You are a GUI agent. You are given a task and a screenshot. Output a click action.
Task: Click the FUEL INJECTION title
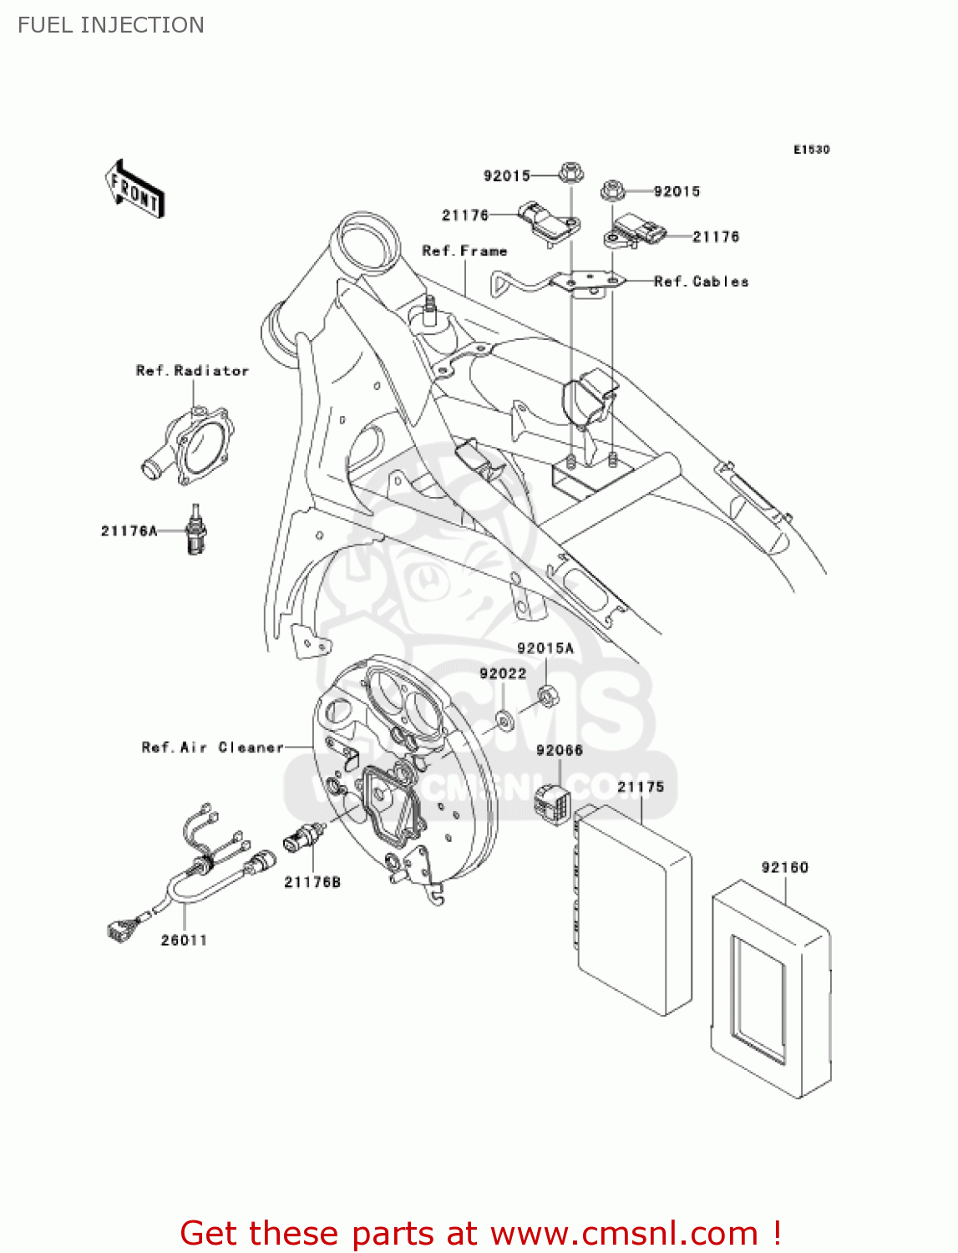pyautogui.click(x=111, y=25)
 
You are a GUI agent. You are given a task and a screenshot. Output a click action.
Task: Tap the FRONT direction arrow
pyautogui.click(x=134, y=190)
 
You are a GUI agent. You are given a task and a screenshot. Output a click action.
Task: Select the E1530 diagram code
pyautogui.click(x=811, y=150)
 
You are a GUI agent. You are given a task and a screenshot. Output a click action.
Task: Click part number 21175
pyautogui.click(x=641, y=787)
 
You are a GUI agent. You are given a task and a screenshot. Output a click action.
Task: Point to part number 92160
pyautogui.click(x=784, y=868)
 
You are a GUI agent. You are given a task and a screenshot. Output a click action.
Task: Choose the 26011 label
pyautogui.click(x=184, y=941)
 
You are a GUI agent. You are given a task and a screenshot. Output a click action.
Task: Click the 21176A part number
pyautogui.click(x=129, y=530)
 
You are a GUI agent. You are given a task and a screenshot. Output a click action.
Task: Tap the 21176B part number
pyautogui.click(x=312, y=882)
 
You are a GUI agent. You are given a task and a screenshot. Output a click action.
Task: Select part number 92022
pyautogui.click(x=503, y=673)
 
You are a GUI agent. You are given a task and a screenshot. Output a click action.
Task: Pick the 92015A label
pyautogui.click(x=545, y=648)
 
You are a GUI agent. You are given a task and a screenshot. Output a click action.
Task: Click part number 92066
pyautogui.click(x=560, y=750)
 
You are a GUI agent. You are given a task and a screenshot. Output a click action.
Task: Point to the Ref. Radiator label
pyautogui.click(x=192, y=371)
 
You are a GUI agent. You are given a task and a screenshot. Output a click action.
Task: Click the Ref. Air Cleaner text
pyautogui.click(x=212, y=748)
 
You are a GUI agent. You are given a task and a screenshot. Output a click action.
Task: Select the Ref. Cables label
pyautogui.click(x=701, y=282)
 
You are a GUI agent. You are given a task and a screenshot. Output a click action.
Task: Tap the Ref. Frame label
pyautogui.click(x=464, y=251)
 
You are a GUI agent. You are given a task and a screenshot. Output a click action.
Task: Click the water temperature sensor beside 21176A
pyautogui.click(x=196, y=531)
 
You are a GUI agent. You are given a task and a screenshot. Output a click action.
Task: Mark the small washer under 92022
pyautogui.click(x=504, y=717)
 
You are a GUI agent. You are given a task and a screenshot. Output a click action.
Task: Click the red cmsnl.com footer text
pyautogui.click(x=480, y=1233)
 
